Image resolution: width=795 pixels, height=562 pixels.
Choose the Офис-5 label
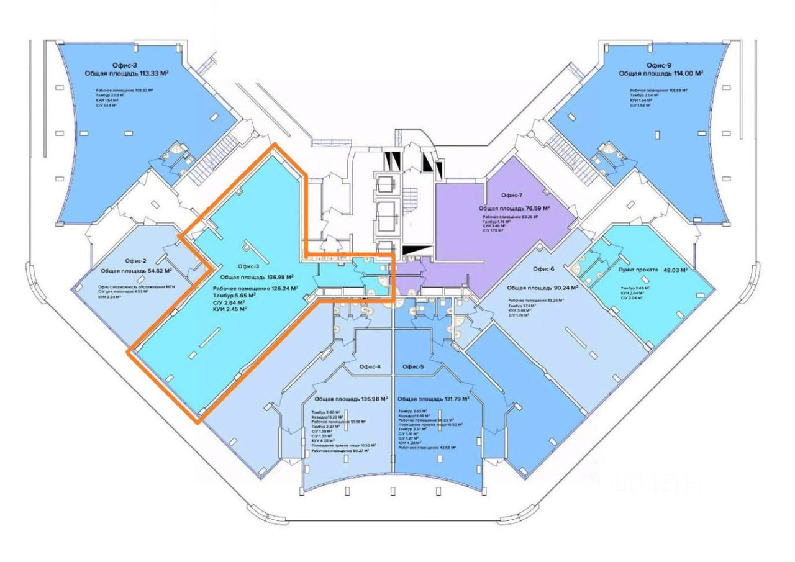pos(413,366)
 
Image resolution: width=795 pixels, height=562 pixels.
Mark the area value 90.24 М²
pos(562,288)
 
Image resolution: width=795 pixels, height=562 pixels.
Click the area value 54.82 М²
pos(155,271)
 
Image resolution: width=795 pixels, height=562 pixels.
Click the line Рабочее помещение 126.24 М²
pos(255,288)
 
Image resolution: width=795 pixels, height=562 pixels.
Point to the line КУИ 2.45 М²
pos(230,309)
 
